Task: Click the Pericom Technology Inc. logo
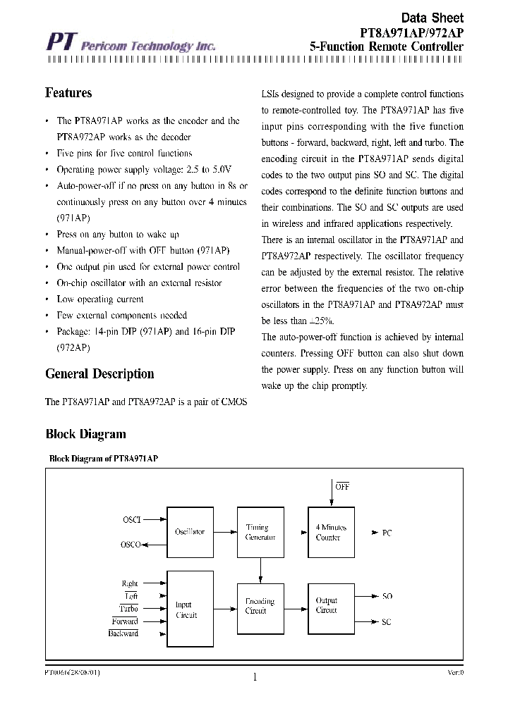(x=131, y=44)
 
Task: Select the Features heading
(x=68, y=93)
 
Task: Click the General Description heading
(x=99, y=374)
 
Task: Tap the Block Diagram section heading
(x=85, y=434)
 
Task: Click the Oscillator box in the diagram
(x=190, y=532)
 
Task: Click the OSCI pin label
(x=132, y=520)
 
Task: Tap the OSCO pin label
(x=131, y=545)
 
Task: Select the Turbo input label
(x=128, y=609)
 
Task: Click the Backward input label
(x=123, y=633)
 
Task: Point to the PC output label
(x=387, y=533)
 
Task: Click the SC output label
(x=387, y=622)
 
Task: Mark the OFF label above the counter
(x=342, y=487)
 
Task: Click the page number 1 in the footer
(x=254, y=678)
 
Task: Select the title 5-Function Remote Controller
(x=387, y=46)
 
